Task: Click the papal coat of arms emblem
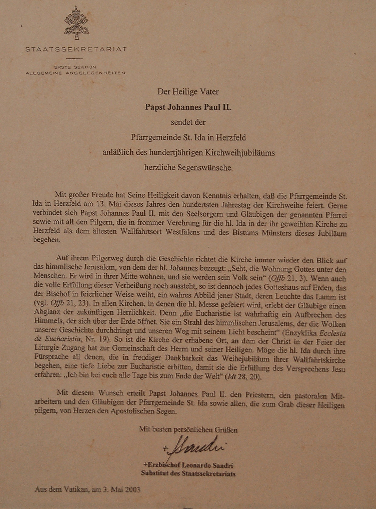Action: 76,23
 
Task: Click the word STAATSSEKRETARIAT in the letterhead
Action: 76,49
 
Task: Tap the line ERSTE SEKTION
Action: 75,67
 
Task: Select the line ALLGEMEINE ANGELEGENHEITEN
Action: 75,73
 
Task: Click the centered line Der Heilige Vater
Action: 188,92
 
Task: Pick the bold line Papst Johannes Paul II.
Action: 188,107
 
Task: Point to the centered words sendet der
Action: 188,122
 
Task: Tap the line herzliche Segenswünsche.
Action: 188,168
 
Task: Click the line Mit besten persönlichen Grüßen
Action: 188,430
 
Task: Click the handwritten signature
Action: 195,446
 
